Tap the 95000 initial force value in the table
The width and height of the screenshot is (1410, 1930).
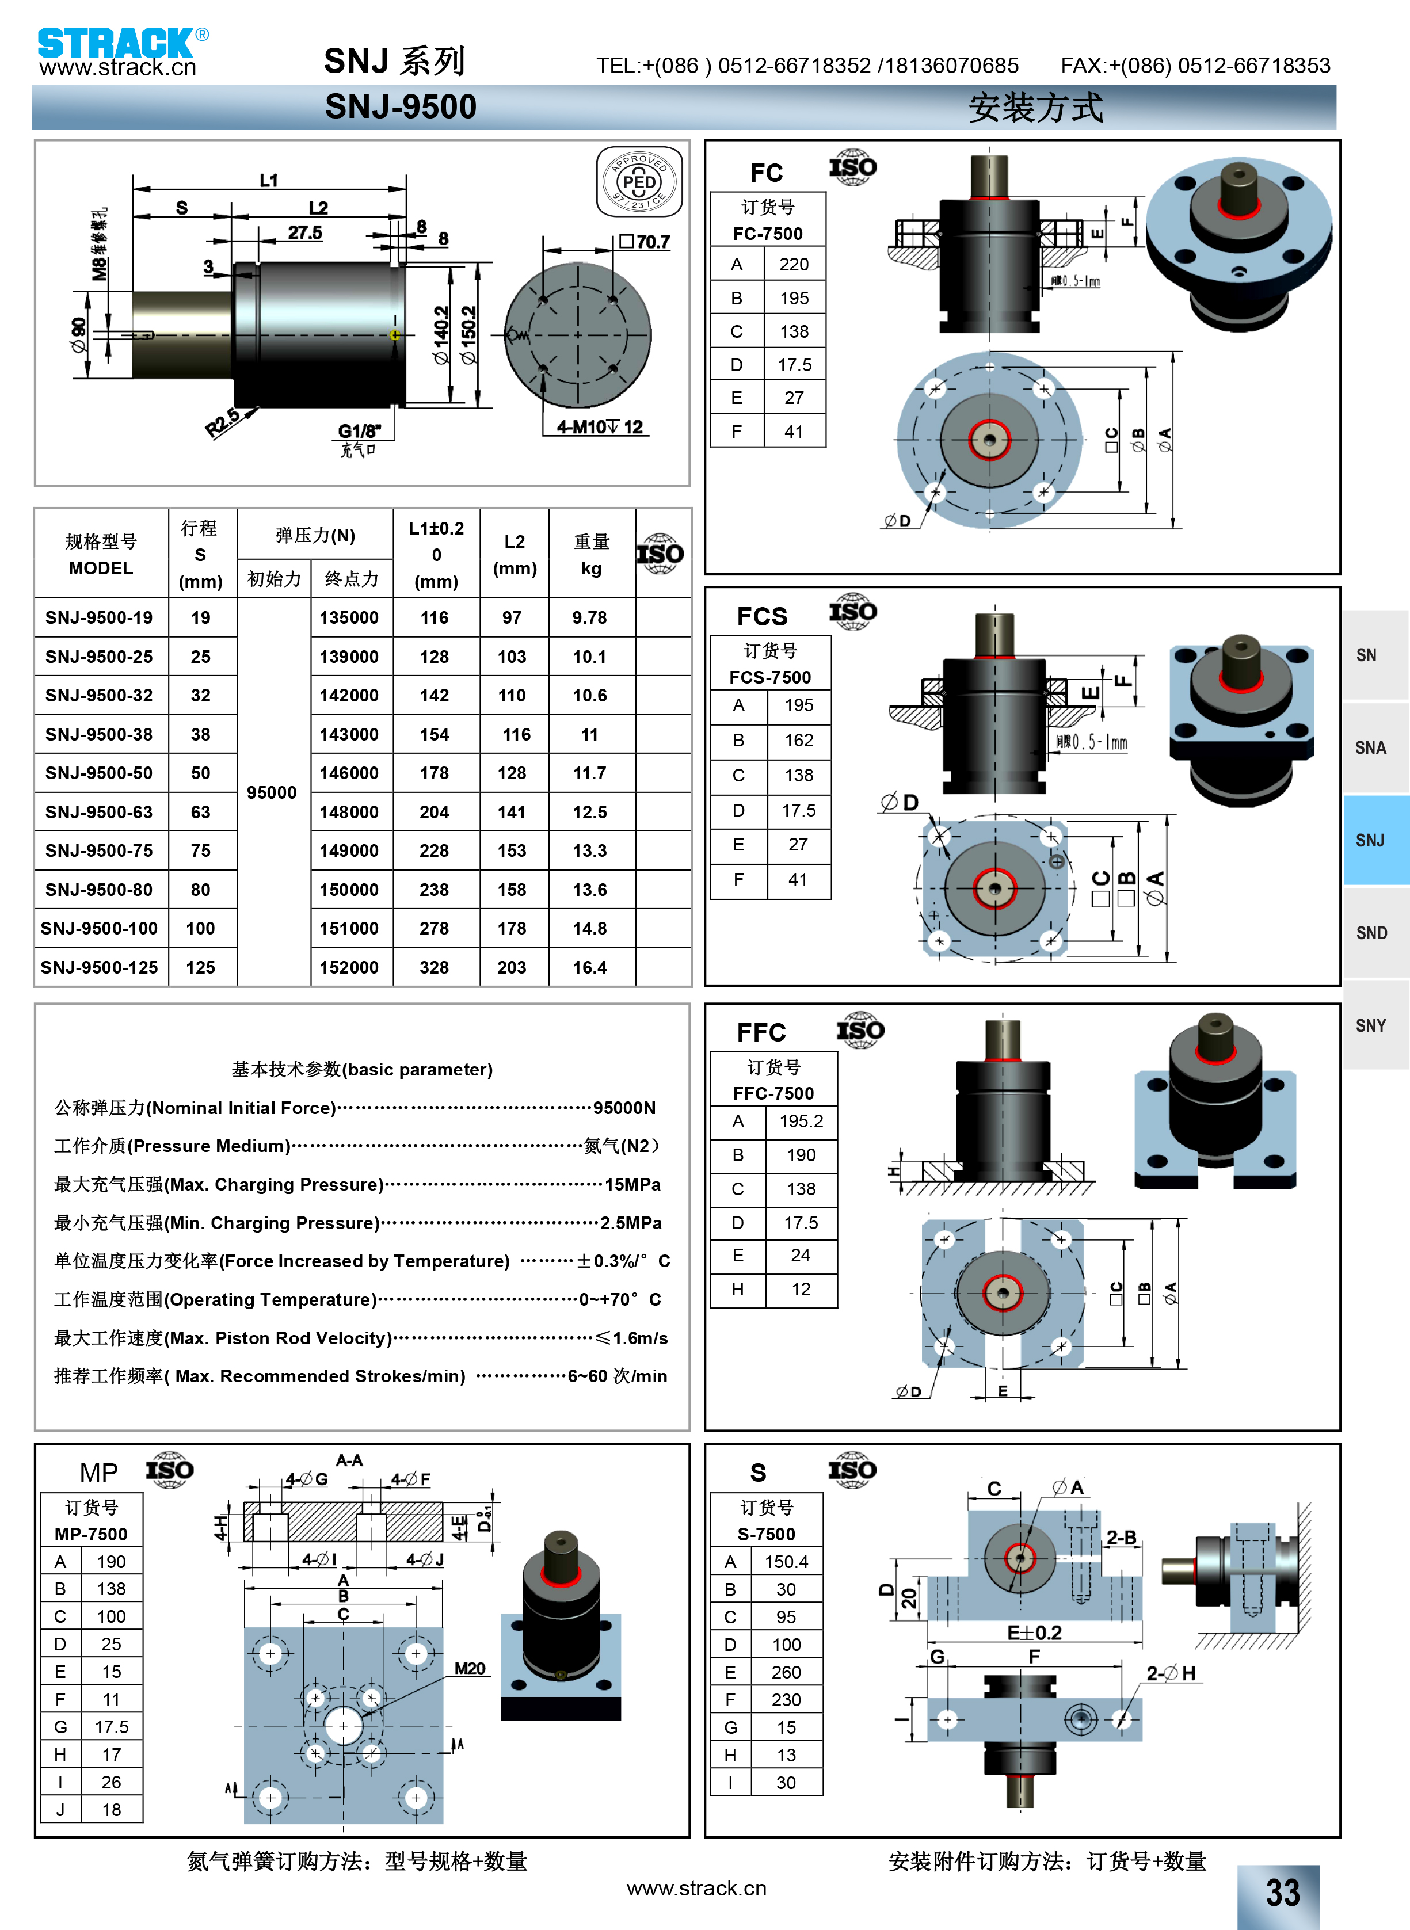point(272,792)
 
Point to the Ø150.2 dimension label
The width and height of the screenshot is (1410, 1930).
point(468,334)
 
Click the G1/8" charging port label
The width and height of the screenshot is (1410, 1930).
point(359,431)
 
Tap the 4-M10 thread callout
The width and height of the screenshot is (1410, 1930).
point(599,426)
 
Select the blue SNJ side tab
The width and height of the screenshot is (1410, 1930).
point(1371,841)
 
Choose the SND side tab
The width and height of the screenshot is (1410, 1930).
point(1371,933)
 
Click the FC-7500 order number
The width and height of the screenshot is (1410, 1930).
point(767,234)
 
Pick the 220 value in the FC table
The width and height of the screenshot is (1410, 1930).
point(794,265)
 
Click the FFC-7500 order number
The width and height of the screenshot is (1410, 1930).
point(773,1093)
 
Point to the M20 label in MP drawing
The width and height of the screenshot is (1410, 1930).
point(470,1668)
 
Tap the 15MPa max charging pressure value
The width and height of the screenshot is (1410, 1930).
point(632,1184)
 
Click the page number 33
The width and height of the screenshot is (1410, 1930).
point(1283,1893)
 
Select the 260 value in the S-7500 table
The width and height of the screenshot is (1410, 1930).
point(786,1672)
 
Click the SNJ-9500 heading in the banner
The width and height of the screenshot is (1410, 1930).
point(401,106)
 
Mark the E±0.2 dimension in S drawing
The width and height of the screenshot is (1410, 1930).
point(1034,1633)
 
